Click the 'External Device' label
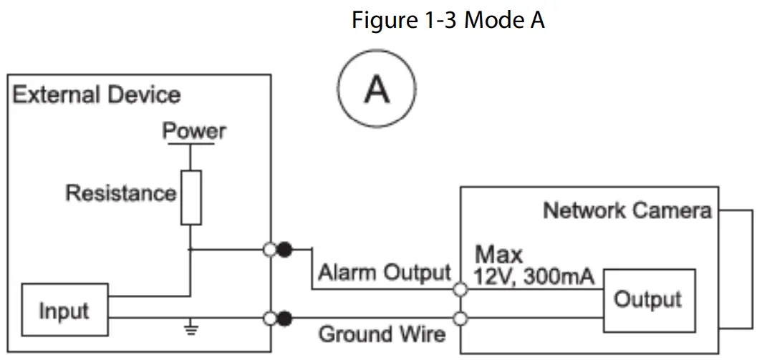coord(96,94)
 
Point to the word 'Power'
coord(193,131)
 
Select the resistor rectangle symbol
coord(191,197)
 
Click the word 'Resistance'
coord(120,193)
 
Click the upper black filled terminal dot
coord(285,250)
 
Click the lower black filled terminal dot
coord(285,318)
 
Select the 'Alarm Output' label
coord(385,273)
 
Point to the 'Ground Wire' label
coord(382,334)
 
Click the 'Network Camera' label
coord(627,210)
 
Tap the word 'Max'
coord(498,254)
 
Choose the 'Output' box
coord(648,299)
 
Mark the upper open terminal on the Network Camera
coord(461,290)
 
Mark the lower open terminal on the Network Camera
coord(461,318)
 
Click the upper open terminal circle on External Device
coord(271,250)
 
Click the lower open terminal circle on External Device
coord(271,318)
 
